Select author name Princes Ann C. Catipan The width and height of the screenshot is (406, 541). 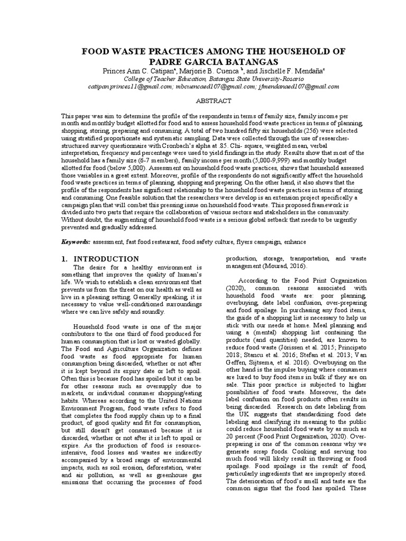[140, 71]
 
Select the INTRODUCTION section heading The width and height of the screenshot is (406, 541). [106, 259]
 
